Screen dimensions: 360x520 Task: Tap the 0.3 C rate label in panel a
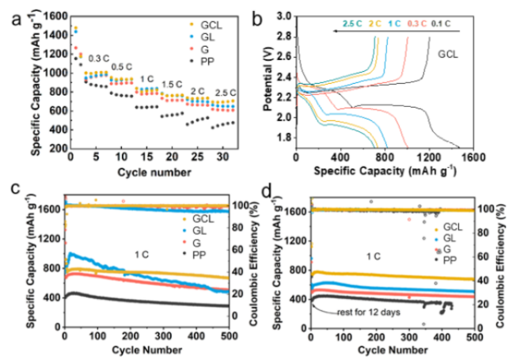pos(100,59)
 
